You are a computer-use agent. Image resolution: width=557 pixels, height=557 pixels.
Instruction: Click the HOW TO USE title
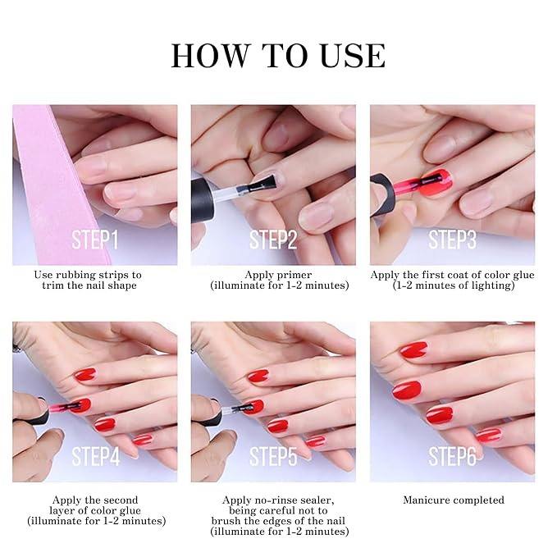[x=278, y=56]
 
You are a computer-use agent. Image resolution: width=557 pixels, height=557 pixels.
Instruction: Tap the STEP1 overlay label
[x=95, y=240]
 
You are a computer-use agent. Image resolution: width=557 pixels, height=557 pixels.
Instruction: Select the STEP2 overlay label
[x=273, y=240]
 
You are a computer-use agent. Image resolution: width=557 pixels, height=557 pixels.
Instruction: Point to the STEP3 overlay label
[x=452, y=240]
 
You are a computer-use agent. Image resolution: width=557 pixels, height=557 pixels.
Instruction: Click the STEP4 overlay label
[x=96, y=456]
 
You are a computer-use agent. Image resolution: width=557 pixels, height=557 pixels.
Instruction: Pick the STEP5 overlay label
[x=273, y=456]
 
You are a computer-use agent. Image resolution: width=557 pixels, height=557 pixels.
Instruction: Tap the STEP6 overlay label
[x=452, y=456]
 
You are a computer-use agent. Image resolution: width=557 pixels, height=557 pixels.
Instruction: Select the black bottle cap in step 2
[x=203, y=200]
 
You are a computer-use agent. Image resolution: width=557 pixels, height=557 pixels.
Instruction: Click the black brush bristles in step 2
[x=263, y=184]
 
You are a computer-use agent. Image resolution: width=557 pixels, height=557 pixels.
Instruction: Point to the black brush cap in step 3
[x=383, y=194]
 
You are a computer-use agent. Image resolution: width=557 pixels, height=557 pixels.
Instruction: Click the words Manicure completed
[x=454, y=500]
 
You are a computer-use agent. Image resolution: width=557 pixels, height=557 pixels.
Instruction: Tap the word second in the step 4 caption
[x=120, y=500]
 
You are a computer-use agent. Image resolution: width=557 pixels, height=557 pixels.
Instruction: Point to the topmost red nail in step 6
[x=413, y=350]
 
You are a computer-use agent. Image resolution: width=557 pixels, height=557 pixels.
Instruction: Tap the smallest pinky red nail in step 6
[x=488, y=435]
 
